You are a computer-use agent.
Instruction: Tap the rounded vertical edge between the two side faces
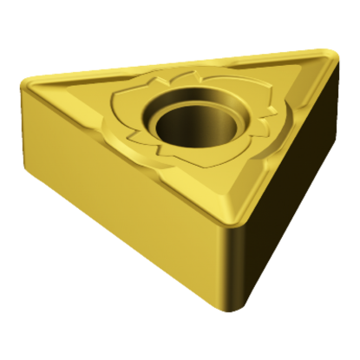(232, 260)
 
